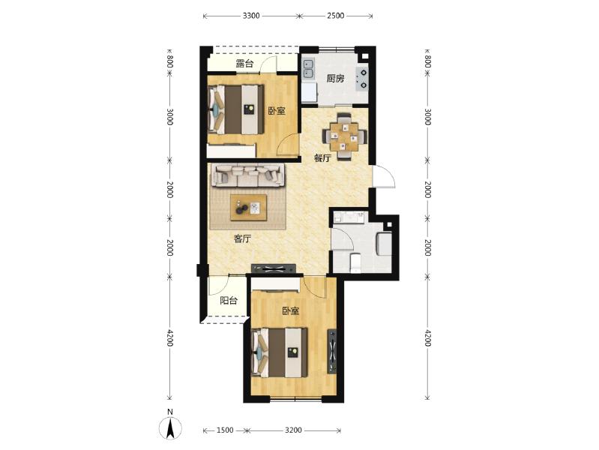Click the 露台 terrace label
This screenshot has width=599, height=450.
pos(244,64)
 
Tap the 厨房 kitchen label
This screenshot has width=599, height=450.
pos(335,79)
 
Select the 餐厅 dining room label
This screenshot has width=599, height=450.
pos(322,157)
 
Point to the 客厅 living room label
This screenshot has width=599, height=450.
pos(242,238)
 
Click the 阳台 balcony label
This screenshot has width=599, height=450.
pos(229,301)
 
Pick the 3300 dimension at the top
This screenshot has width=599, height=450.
pos(251,16)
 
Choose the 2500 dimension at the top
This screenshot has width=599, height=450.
pos(335,16)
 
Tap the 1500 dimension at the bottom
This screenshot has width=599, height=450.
pos(225,430)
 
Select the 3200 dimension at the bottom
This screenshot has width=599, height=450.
pos(293,430)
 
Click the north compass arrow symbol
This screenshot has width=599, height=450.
pos(170,428)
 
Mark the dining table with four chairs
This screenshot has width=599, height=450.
pos(345,136)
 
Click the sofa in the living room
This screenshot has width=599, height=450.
pos(248,175)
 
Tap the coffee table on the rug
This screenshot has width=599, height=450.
pos(248,208)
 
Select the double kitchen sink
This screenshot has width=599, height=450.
pos(308,68)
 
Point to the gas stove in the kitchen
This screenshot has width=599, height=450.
pos(362,79)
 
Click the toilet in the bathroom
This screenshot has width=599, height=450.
pos(355,262)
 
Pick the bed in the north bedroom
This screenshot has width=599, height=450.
pos(235,109)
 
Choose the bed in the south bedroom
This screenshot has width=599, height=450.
pos(280,352)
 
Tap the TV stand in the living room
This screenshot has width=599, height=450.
pos(274,268)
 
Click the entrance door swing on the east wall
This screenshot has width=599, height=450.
pos(384,176)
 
